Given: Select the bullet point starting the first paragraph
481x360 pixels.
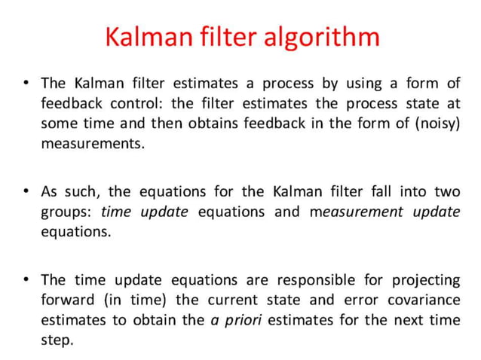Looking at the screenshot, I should point(26,83).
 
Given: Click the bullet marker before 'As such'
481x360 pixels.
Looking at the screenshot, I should point(26,191).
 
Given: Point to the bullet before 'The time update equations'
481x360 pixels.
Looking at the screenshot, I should point(26,280).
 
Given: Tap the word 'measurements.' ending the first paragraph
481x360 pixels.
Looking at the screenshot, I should point(92,142).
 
